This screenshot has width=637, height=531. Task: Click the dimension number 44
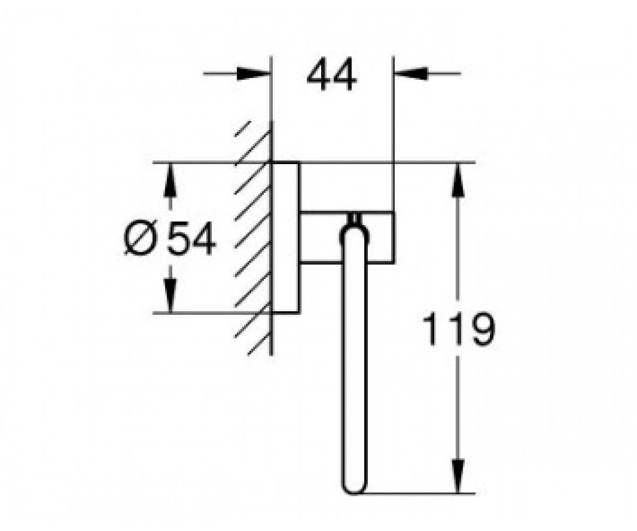click(332, 74)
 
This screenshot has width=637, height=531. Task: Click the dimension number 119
click(459, 329)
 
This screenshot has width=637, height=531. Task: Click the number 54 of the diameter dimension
click(192, 238)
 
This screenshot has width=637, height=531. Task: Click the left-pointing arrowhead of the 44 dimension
click(411, 74)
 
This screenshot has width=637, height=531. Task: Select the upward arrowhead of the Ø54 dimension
click(170, 181)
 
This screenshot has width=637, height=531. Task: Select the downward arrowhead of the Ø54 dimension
click(170, 296)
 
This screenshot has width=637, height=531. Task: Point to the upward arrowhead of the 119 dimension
click(458, 181)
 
